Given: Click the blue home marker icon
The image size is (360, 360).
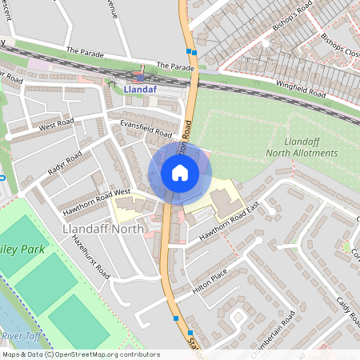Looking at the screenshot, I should (179, 173).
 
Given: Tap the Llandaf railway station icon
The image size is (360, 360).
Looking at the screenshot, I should (140, 77).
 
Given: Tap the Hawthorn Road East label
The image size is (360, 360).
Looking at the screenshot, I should (232, 221).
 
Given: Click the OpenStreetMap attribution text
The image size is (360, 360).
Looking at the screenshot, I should (80, 354).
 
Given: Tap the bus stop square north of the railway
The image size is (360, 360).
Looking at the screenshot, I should (190, 51).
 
